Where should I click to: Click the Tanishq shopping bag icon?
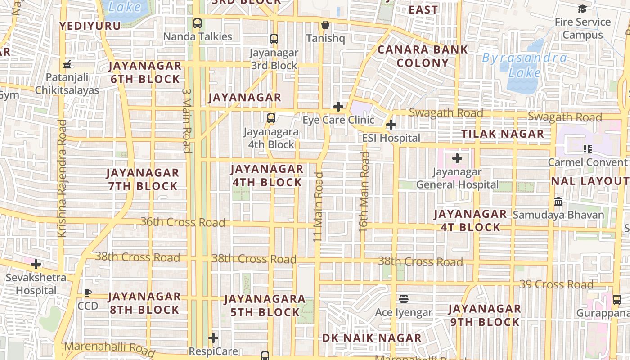click(325, 25)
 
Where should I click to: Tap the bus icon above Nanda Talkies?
click(197, 23)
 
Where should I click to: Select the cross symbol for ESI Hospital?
click(391, 125)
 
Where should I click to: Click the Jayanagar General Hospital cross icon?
click(457, 158)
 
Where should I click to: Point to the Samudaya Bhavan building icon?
click(558, 201)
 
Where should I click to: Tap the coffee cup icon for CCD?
click(88, 292)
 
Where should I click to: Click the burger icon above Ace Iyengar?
click(404, 299)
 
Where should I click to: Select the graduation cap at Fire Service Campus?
click(582, 9)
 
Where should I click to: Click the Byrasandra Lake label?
click(525, 65)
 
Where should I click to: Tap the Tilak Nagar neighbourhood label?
click(503, 134)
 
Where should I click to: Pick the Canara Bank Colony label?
click(423, 56)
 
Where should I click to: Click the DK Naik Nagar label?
click(372, 338)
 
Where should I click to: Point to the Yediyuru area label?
click(90, 26)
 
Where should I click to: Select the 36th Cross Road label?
click(183, 222)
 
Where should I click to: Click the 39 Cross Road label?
click(556, 284)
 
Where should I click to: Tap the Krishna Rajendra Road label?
click(62, 178)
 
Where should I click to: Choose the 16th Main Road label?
click(364, 192)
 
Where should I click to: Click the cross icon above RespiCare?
click(213, 337)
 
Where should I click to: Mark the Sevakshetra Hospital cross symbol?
click(36, 264)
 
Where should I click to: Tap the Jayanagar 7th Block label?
click(143, 179)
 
